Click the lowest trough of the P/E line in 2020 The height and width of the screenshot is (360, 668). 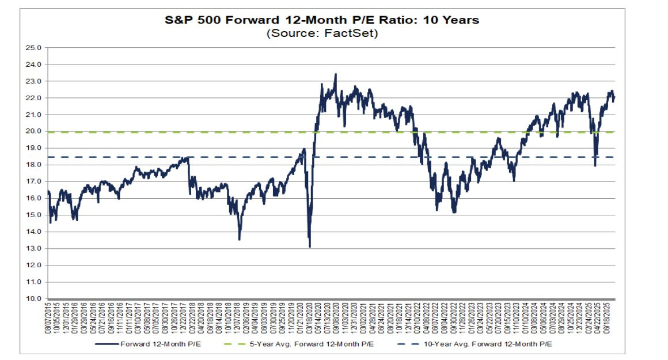[310, 247]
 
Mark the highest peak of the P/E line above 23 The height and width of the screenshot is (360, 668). [336, 74]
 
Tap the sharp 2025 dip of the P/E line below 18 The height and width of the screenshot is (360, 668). [595, 166]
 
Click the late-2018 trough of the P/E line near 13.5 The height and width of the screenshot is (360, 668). [240, 239]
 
